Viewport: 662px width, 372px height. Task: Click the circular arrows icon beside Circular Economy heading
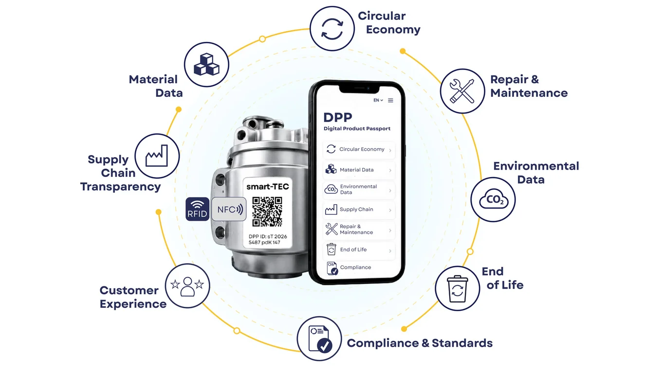[x=332, y=29]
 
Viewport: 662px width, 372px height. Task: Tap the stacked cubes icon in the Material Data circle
[x=206, y=64]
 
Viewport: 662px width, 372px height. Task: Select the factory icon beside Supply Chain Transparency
[x=157, y=156]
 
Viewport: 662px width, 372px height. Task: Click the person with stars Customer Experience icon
[x=187, y=286]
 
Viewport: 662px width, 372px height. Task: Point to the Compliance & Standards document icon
[x=320, y=339]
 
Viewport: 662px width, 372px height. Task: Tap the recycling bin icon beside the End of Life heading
[x=457, y=289]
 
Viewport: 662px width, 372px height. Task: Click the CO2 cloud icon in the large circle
[x=494, y=199]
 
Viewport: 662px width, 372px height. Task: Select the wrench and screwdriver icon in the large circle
[x=462, y=91]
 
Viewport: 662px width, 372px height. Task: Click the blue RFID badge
[x=198, y=209]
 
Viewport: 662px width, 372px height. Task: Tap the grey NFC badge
[x=229, y=209]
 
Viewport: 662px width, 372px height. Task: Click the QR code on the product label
[x=267, y=212]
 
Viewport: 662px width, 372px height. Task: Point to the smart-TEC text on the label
[x=267, y=187]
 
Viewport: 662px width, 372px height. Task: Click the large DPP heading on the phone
[x=338, y=118]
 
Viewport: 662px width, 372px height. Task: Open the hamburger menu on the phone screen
[x=390, y=100]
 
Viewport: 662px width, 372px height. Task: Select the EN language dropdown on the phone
[x=378, y=100]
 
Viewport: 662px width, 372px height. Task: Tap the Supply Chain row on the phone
[x=359, y=210]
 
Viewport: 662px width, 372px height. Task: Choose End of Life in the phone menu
[x=359, y=250]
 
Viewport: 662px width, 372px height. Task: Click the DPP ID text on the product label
[x=268, y=239]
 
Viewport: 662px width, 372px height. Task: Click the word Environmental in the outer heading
[x=536, y=166]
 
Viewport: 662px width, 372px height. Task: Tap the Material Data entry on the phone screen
[x=359, y=170]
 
